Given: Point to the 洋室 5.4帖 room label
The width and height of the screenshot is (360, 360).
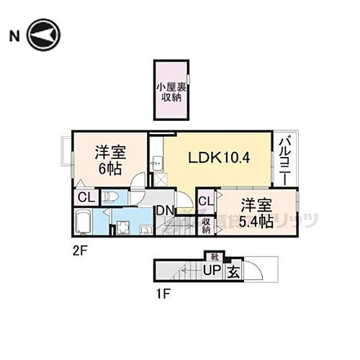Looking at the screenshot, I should (256, 212).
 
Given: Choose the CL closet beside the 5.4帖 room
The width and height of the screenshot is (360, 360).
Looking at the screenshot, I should (204, 201).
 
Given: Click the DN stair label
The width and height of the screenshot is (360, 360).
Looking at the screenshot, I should (165, 210).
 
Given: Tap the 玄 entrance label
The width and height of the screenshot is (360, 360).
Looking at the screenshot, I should (233, 271).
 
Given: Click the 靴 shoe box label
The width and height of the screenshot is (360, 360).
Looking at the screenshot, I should (214, 256).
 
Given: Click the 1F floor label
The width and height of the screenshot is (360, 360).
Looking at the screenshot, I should (163, 293).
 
